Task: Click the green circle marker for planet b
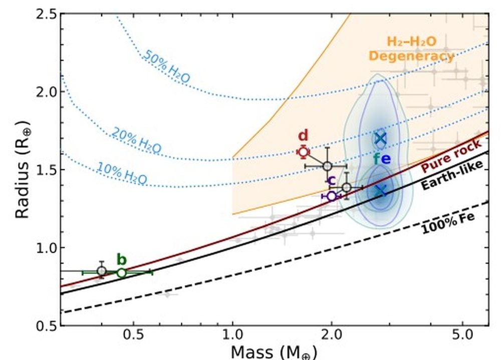(x=121, y=273)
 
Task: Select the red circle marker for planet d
(x=303, y=152)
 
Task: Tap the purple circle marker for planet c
(x=331, y=196)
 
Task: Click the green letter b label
(x=121, y=259)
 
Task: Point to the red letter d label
(x=303, y=136)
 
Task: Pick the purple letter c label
(x=331, y=181)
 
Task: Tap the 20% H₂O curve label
(x=136, y=141)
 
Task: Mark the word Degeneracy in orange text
(x=411, y=56)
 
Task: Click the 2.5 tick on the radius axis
(x=41, y=14)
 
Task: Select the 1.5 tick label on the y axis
(x=41, y=170)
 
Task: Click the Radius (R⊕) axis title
(x=22, y=169)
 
